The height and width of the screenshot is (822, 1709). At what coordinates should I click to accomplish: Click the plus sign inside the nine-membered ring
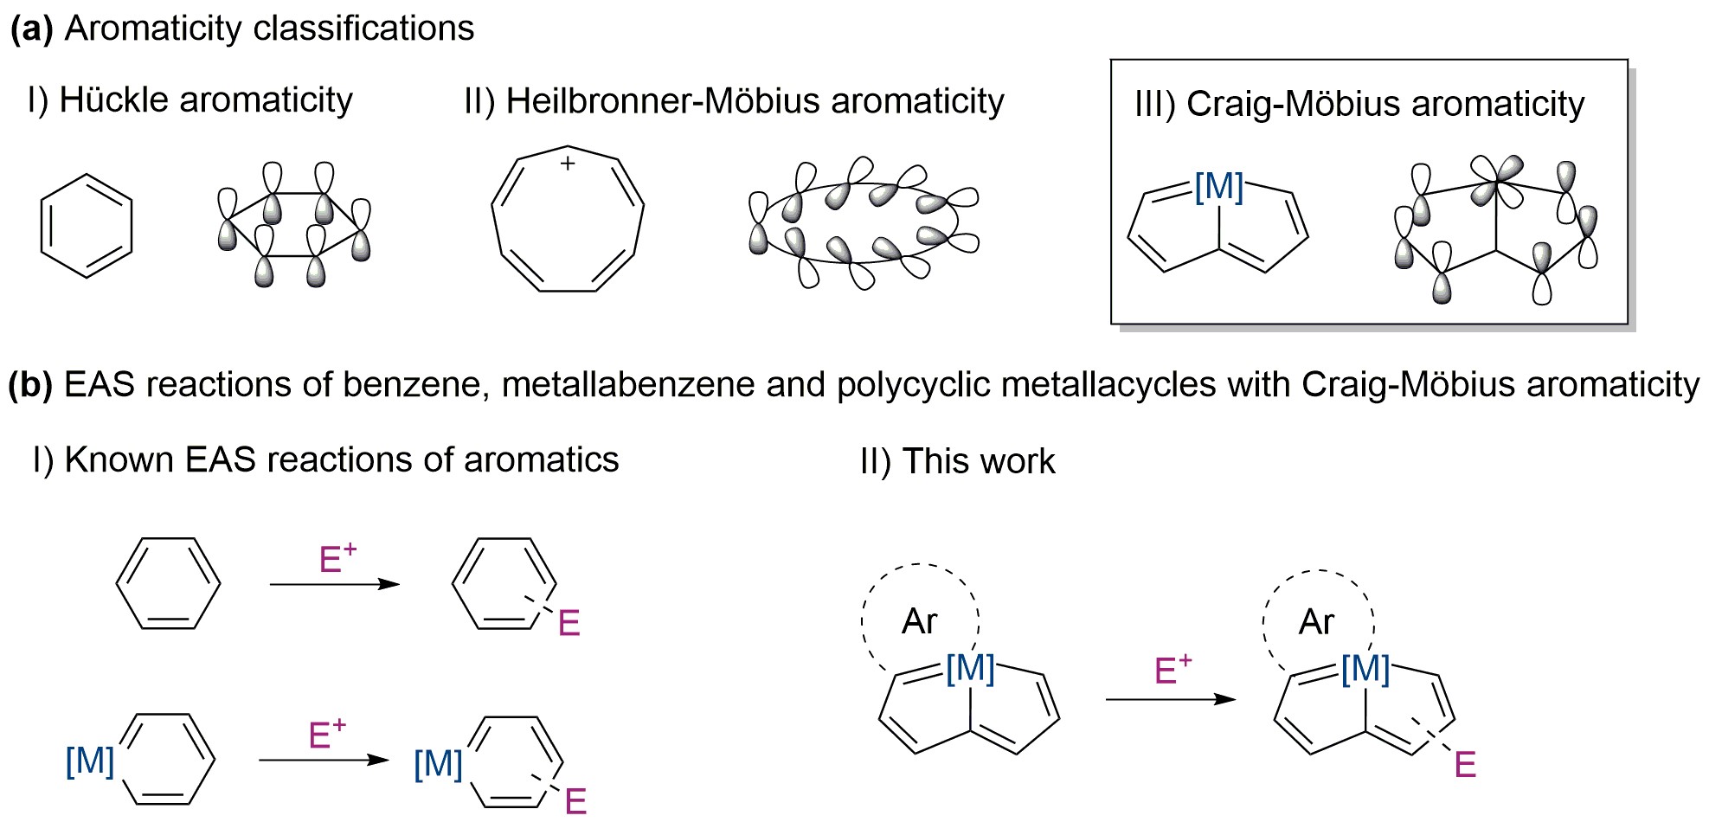pos(568,163)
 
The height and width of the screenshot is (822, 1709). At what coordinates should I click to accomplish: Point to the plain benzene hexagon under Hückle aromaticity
pos(87,226)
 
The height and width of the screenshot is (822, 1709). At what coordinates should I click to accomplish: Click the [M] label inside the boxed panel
pos(1218,187)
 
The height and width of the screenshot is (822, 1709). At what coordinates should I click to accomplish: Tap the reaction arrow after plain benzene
pos(335,584)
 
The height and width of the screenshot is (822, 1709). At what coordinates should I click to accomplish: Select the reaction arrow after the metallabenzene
pos(324,760)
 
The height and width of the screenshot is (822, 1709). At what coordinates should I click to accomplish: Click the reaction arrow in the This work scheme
pos(1171,698)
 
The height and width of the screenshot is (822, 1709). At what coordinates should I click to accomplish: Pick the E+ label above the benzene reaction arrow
pos(337,559)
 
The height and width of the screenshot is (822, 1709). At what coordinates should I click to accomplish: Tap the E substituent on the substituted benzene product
pos(569,623)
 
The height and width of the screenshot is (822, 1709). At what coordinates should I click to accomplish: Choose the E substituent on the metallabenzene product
pos(575,801)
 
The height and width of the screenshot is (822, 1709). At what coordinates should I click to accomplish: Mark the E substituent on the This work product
pos(1465,765)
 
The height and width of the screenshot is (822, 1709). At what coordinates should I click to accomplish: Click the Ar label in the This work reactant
pos(919,621)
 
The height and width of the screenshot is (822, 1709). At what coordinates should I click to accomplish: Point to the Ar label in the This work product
pos(1316,622)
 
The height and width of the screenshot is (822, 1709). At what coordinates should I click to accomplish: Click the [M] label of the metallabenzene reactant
pos(90,761)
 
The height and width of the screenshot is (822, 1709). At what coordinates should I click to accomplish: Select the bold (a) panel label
pos(32,29)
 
